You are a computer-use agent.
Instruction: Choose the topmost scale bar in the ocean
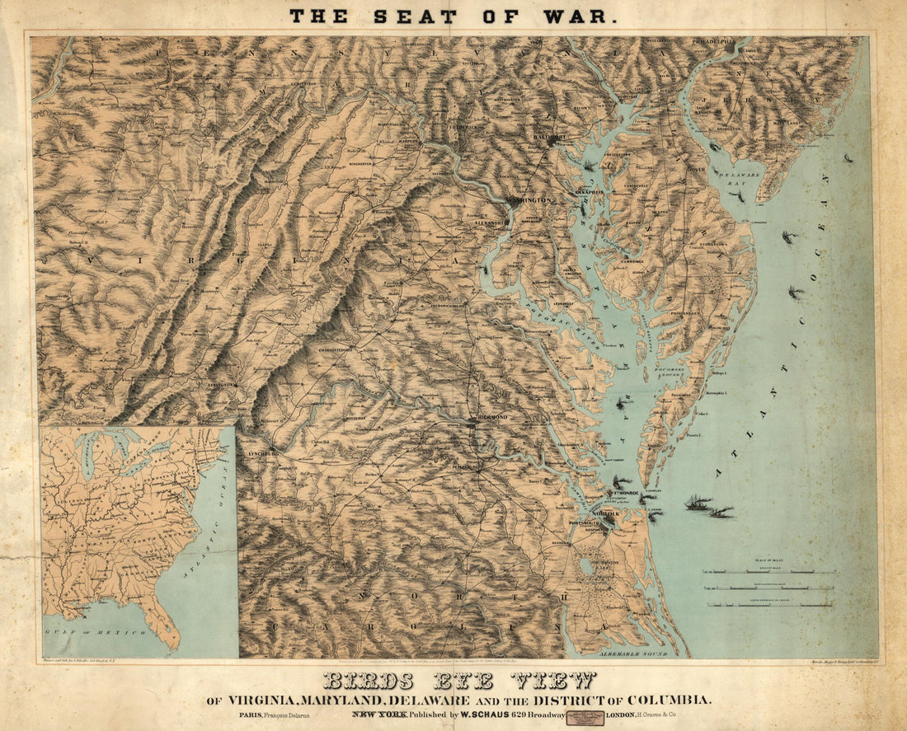coord(768,571)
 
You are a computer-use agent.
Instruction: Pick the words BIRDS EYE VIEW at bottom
coord(458,681)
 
